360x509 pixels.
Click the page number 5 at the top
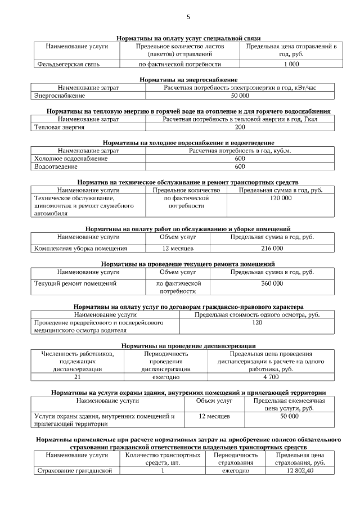(188, 17)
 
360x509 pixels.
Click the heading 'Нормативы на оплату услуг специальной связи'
(188, 38)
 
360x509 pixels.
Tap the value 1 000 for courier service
(291, 64)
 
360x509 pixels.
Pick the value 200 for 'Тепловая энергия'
(240, 127)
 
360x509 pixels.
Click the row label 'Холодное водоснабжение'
(71, 159)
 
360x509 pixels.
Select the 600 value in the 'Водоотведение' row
(240, 166)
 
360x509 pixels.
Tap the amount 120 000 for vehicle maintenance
(280, 199)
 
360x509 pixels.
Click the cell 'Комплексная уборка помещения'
(80, 248)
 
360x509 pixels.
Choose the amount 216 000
(272, 248)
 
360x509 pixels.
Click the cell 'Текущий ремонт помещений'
(75, 283)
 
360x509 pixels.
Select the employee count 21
(77, 377)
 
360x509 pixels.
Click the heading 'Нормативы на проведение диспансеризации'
(188, 345)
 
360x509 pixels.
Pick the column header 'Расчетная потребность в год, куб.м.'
(240, 151)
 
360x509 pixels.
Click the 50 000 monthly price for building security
(289, 416)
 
